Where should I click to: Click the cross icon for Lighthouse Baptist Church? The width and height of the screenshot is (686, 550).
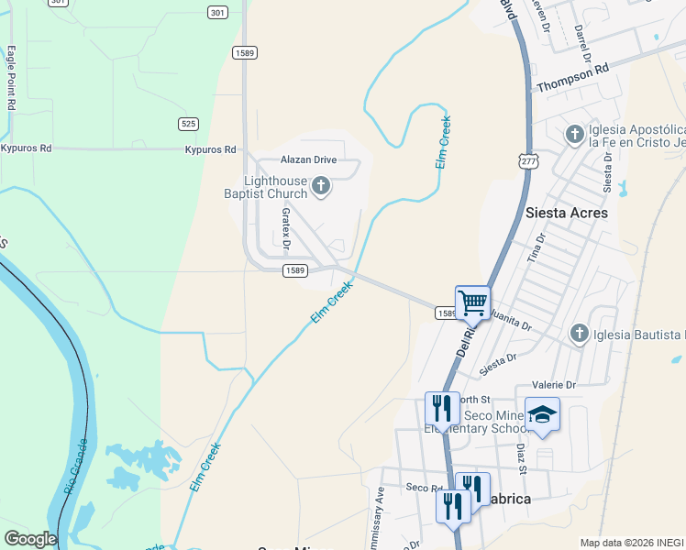[321, 187]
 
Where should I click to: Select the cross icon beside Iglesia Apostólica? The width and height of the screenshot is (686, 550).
[575, 136]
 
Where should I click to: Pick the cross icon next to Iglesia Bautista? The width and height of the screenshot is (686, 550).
[579, 333]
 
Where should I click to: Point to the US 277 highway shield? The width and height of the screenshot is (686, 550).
[527, 161]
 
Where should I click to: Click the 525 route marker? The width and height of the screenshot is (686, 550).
[188, 124]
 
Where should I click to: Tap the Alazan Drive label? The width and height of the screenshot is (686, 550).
[309, 159]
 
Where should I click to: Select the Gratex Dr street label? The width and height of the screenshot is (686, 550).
[285, 228]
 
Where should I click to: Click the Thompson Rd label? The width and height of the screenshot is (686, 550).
[572, 78]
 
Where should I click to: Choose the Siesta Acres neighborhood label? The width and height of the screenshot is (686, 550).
[567, 212]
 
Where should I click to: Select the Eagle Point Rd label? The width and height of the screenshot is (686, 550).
[12, 78]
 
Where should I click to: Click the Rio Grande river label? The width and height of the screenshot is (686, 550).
[76, 467]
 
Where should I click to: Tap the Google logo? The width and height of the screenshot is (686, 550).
[30, 539]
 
